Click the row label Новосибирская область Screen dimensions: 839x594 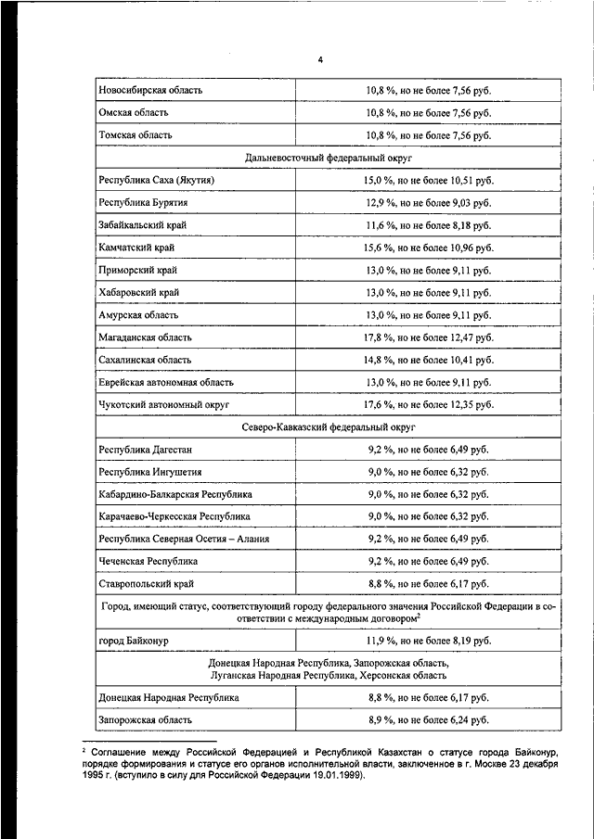(150, 91)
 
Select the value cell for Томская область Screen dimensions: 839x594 (428, 135)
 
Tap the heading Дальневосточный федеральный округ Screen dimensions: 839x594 (329, 159)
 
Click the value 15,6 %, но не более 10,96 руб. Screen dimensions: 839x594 (428, 248)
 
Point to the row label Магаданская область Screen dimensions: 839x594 (147, 337)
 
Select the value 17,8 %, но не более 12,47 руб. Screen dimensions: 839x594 (428, 337)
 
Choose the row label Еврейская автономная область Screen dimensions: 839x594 (165, 382)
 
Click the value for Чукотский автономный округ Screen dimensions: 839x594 (428, 405)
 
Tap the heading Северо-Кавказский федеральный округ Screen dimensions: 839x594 (329, 427)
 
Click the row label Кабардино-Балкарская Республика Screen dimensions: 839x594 (174, 495)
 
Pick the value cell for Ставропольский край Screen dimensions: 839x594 (428, 584)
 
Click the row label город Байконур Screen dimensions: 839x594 (134, 641)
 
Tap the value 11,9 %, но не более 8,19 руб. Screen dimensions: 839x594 (428, 641)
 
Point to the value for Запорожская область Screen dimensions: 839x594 (428, 719)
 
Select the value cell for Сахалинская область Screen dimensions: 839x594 (428, 360)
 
